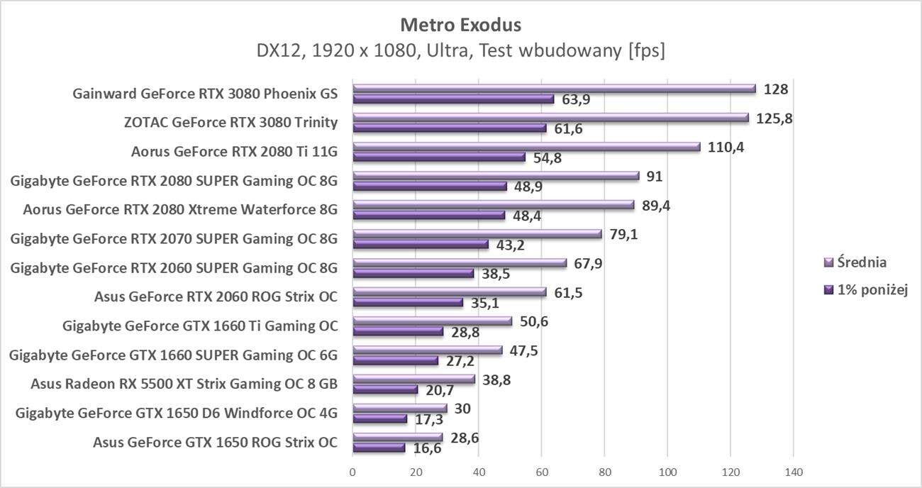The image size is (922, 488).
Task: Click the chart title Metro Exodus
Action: (460, 25)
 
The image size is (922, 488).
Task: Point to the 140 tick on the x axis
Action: (793, 472)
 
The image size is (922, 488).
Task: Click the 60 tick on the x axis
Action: (541, 472)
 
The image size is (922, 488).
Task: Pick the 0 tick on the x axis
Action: (352, 472)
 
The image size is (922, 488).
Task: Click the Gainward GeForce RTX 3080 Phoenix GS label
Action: (205, 94)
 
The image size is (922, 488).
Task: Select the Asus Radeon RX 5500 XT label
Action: (184, 384)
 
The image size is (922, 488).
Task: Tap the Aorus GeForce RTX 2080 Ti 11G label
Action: (234, 152)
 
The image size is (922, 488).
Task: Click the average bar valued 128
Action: (553, 89)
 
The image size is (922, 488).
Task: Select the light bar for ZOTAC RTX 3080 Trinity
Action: (550, 118)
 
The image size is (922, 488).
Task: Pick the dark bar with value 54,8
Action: (439, 157)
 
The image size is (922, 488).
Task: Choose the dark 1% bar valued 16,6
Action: (379, 448)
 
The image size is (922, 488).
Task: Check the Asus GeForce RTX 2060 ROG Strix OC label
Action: (216, 297)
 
